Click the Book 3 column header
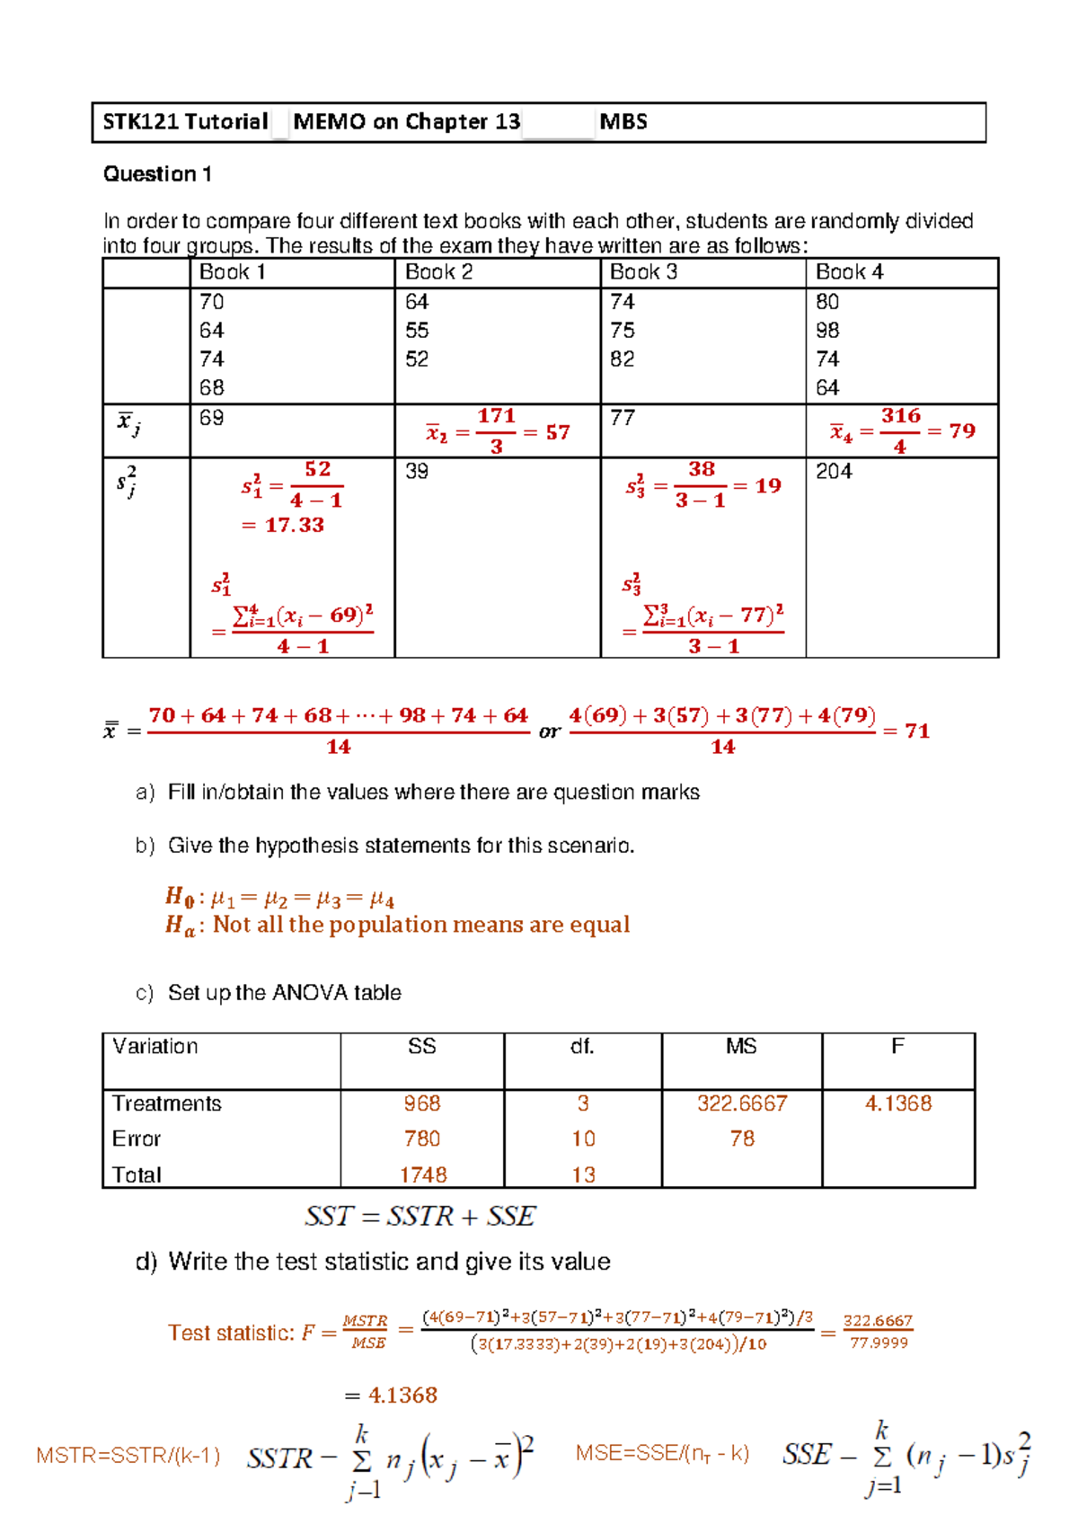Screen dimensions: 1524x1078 [x=643, y=272]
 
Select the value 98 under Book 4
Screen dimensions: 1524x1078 [x=827, y=331]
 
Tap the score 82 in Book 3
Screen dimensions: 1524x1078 [x=622, y=359]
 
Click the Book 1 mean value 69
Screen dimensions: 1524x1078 [x=211, y=418]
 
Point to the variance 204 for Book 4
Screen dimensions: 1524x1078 [x=833, y=472]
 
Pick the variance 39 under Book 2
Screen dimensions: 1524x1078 [x=417, y=472]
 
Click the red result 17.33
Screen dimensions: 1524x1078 [x=294, y=525]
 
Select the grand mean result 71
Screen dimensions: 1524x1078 [x=917, y=731]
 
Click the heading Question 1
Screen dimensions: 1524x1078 [x=157, y=174]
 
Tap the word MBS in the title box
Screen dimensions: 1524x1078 [x=623, y=122]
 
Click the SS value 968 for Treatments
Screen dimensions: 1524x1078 [x=421, y=1103]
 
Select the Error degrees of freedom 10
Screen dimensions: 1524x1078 [x=583, y=1139]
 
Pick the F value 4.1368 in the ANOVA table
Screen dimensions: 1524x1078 [x=897, y=1103]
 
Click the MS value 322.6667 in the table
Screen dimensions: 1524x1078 [x=742, y=1103]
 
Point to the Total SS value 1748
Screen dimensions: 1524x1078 [x=423, y=1175]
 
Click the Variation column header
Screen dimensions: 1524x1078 [x=155, y=1047]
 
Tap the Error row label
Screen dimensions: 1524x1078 [x=136, y=1139]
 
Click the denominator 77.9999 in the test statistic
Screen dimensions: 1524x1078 [x=879, y=1342]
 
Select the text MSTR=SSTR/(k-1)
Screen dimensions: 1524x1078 [x=128, y=1456]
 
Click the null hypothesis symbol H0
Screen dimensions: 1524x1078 [x=179, y=896]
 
